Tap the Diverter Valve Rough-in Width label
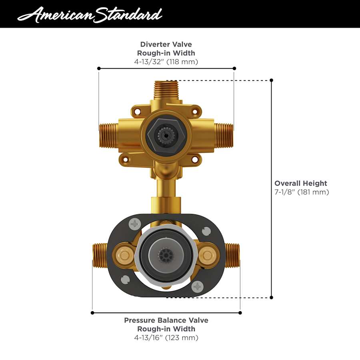pos(166,48)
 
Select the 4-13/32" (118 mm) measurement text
pos(166,62)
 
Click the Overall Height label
pos(301,183)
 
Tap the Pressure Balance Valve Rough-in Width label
pos(166,324)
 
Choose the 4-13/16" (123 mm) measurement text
pos(166,338)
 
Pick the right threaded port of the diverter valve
pos(224,135)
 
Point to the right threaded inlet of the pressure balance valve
pos(232,255)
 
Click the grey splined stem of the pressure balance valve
pos(164,255)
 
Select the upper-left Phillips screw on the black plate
pos(135,224)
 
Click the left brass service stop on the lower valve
pos(124,254)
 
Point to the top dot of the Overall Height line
pos(272,80)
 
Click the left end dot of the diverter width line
pos(99,68)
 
